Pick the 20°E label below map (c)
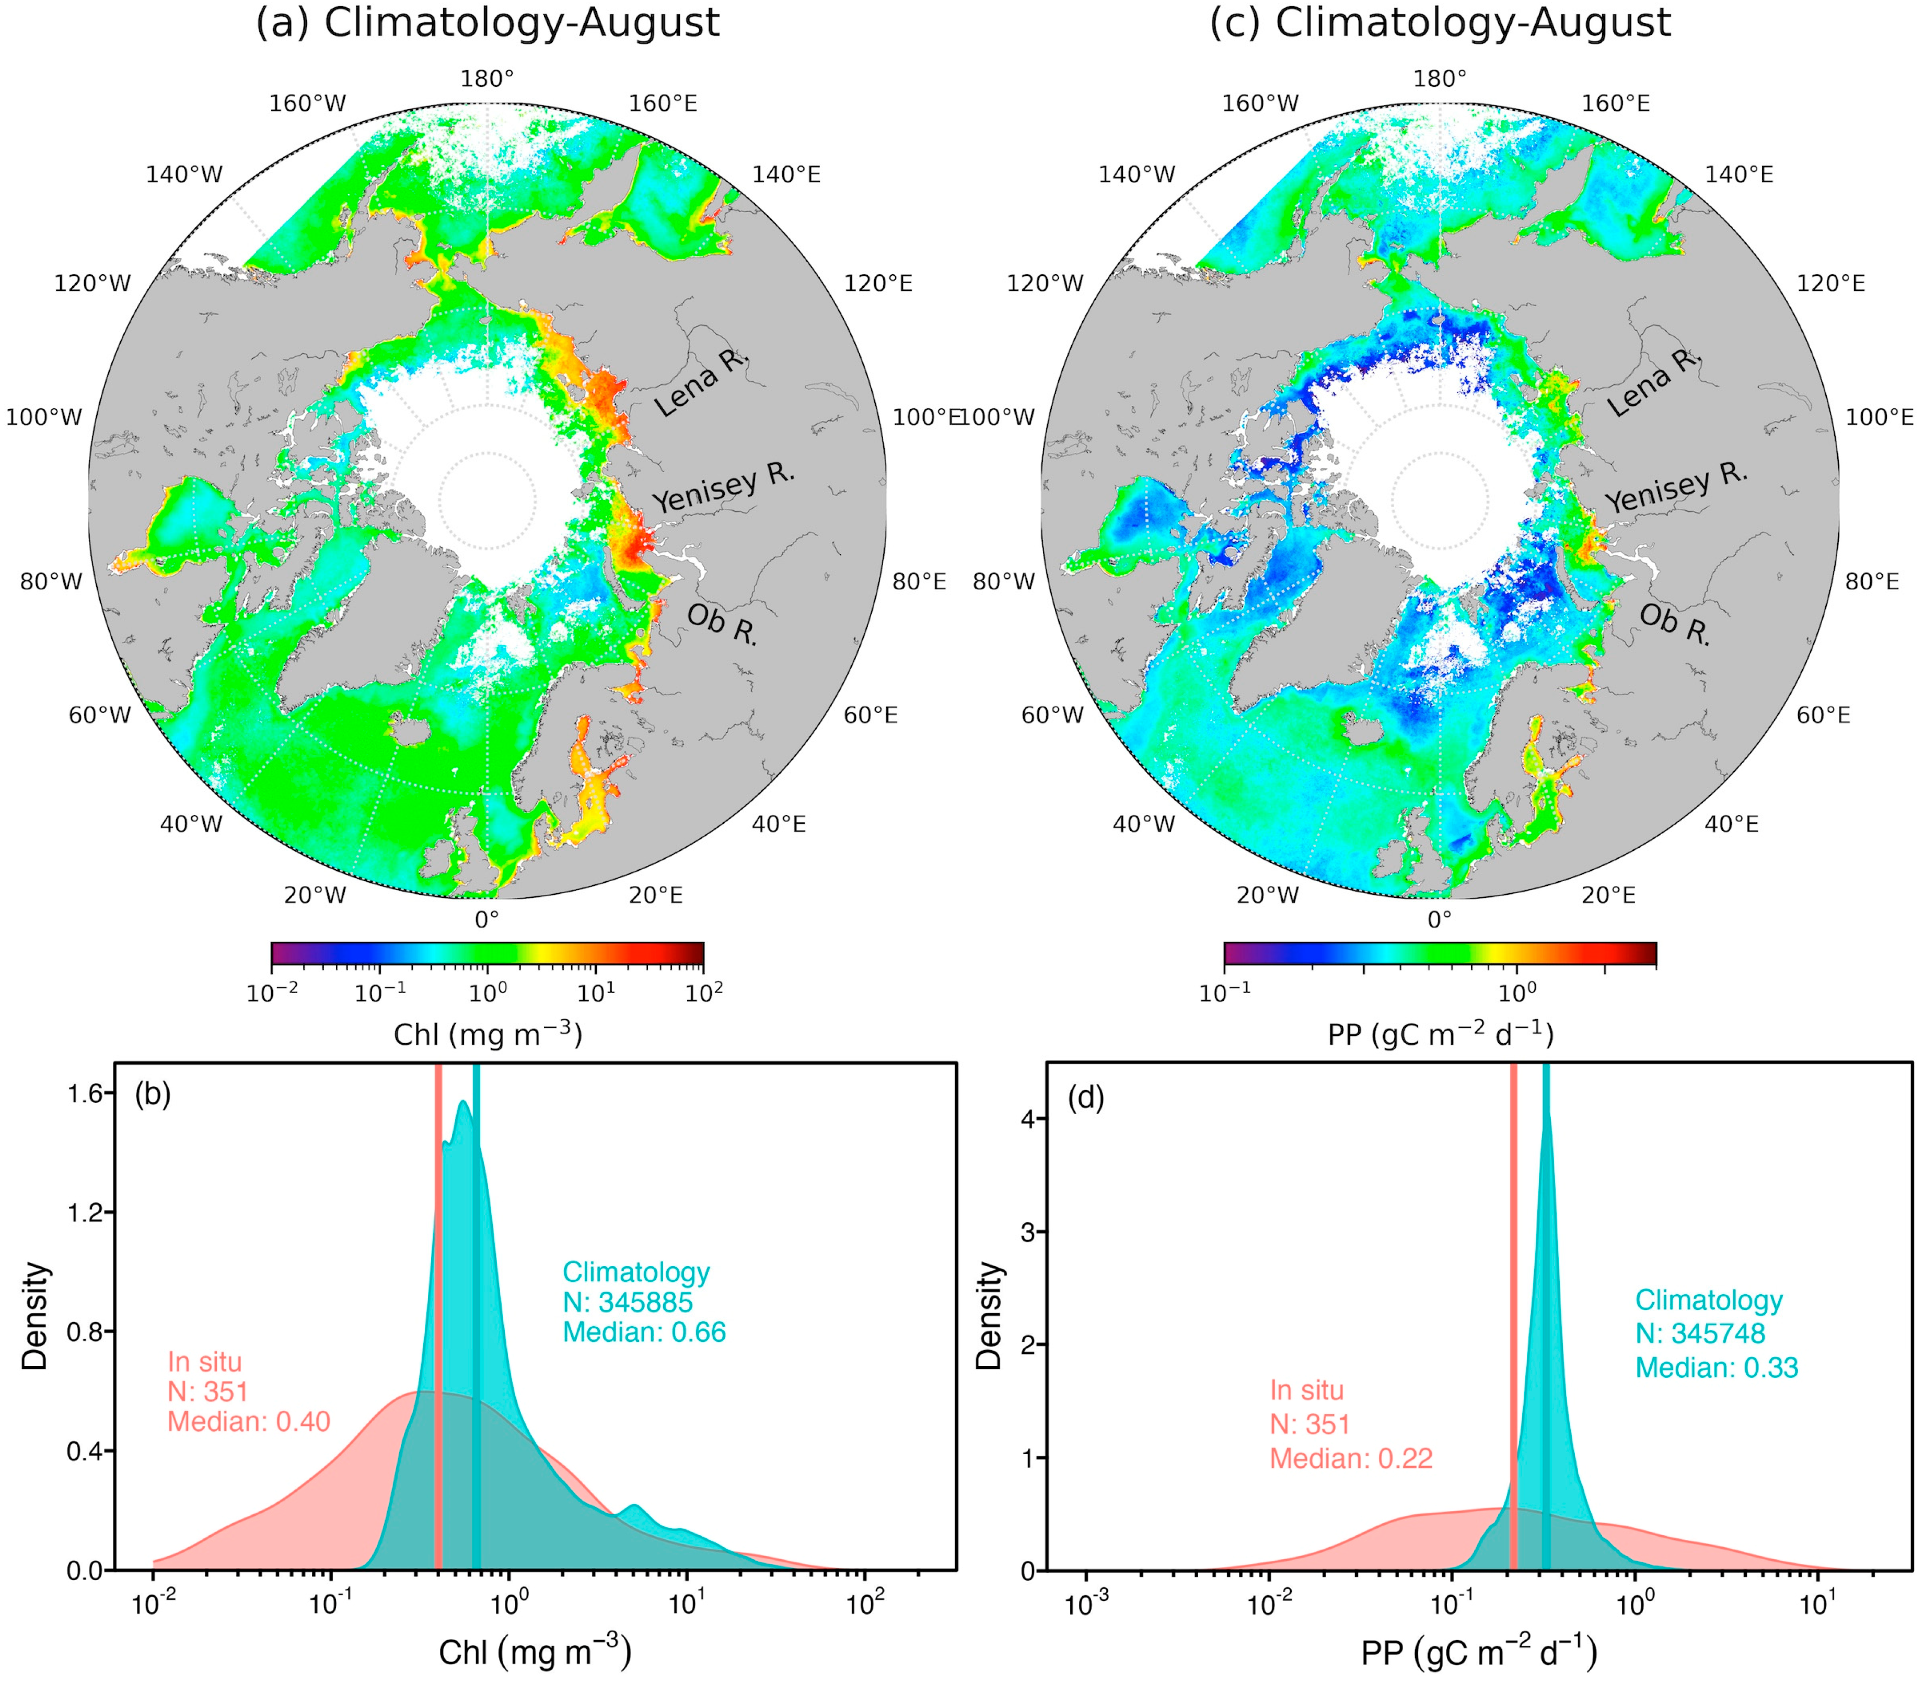(1608, 895)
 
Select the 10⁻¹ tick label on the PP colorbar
(1225, 992)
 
